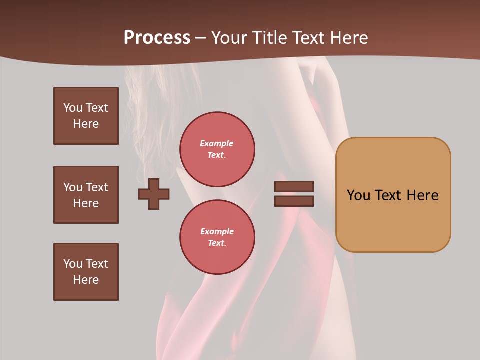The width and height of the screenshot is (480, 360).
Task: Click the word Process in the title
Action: (x=157, y=38)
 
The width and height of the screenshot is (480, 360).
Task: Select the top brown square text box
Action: (x=86, y=116)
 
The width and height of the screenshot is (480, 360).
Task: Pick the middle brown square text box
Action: (x=86, y=195)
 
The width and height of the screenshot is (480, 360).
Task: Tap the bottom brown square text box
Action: (x=86, y=272)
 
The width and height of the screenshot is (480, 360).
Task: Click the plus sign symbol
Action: (x=154, y=194)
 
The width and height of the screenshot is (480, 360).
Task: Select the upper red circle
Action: (x=217, y=149)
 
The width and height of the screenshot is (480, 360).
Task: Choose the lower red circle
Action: (x=217, y=237)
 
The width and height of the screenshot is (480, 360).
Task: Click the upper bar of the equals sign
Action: (x=294, y=186)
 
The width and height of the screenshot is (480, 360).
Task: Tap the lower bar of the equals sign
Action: (x=294, y=201)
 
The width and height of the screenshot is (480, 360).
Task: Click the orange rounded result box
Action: (x=393, y=195)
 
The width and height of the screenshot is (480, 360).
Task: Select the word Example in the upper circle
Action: (x=216, y=144)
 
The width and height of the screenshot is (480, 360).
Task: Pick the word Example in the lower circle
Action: (x=217, y=231)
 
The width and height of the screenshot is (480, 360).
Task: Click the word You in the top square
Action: (x=72, y=108)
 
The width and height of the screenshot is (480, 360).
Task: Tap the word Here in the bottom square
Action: (x=86, y=280)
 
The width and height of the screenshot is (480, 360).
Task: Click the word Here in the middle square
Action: (x=86, y=203)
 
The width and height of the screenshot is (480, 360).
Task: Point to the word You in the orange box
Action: (x=358, y=195)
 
